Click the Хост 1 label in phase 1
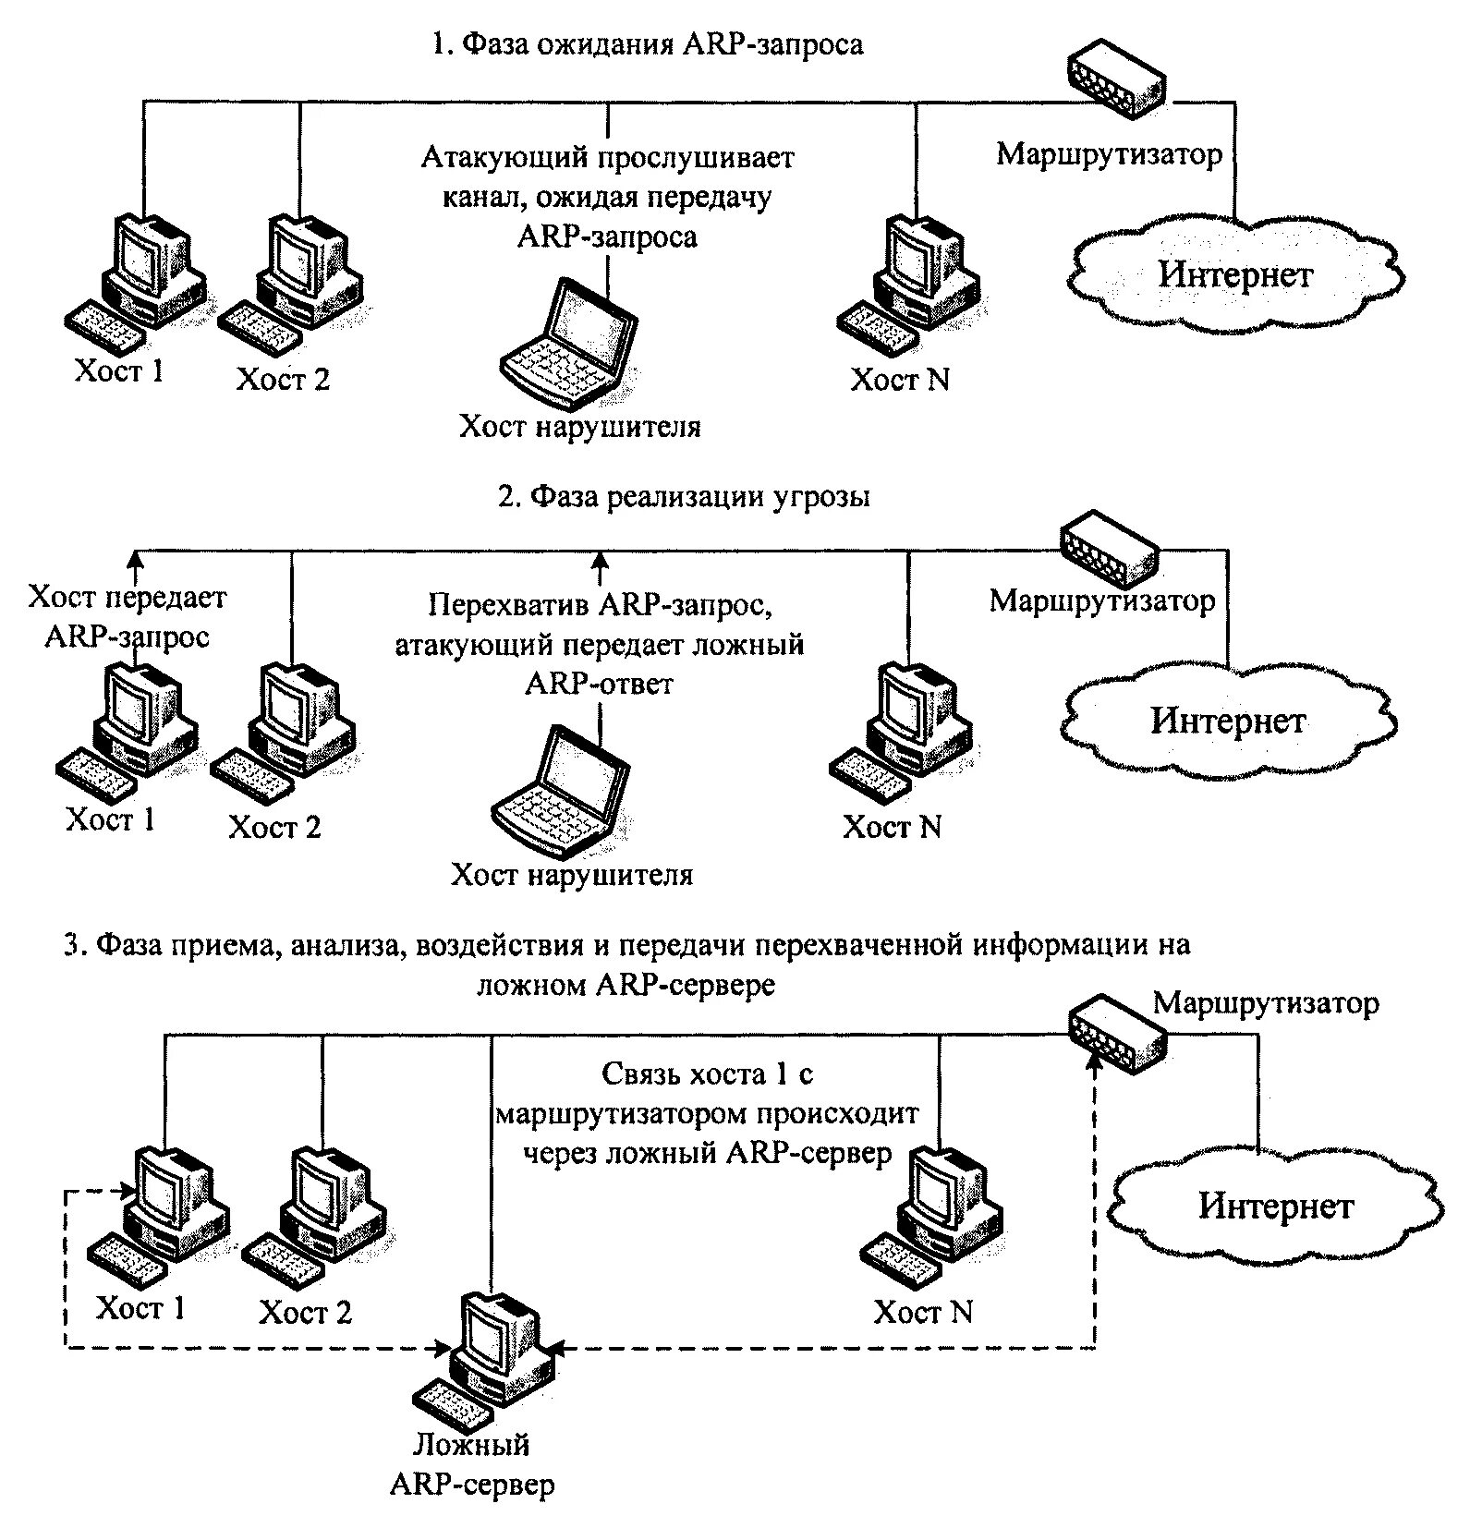[119, 370]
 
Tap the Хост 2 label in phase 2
[274, 827]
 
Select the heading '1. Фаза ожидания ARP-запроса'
[648, 44]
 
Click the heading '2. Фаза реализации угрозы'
[684, 497]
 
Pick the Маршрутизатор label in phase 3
[1266, 1003]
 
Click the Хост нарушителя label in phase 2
[572, 874]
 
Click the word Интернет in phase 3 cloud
[1276, 1206]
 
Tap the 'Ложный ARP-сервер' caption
[472, 1464]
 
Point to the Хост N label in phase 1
[899, 380]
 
